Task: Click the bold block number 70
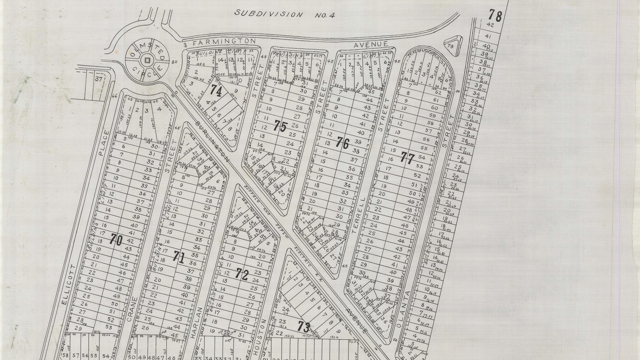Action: [116, 240]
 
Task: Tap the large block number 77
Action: [407, 158]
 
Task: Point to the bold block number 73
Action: [304, 327]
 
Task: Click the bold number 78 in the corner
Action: [495, 16]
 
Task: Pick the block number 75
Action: [280, 127]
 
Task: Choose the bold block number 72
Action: [242, 274]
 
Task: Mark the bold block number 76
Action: [343, 143]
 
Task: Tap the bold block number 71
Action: [179, 258]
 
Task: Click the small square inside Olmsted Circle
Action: [148, 60]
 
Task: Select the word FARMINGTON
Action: [223, 41]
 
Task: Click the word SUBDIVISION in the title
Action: [268, 14]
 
